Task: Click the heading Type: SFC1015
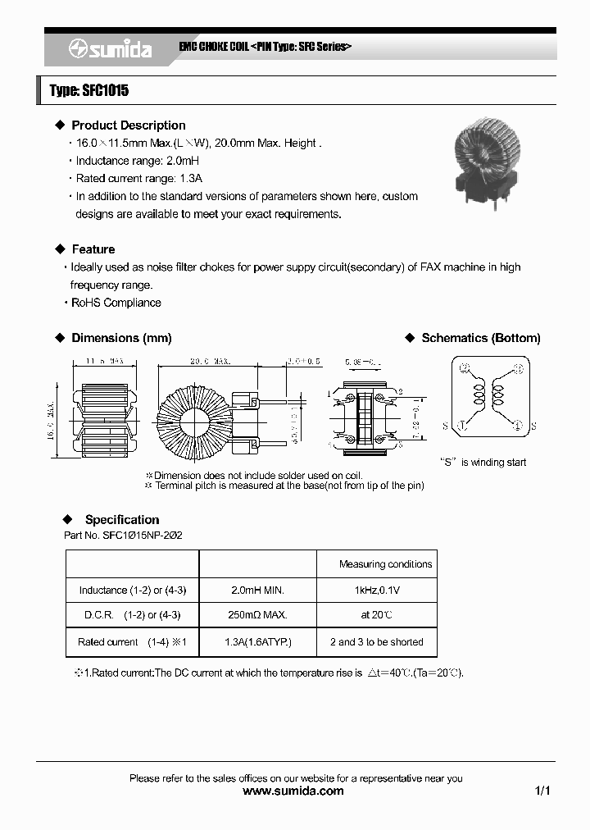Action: click(x=88, y=91)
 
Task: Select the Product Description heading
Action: click(x=128, y=125)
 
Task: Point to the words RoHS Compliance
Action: click(x=116, y=303)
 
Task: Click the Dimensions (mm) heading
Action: click(x=121, y=338)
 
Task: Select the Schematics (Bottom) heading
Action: click(x=480, y=338)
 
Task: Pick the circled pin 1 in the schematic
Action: click(x=463, y=424)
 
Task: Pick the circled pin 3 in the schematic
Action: click(x=517, y=368)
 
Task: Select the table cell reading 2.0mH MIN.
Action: click(x=257, y=591)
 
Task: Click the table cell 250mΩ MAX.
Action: click(x=257, y=615)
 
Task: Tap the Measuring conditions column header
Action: click(x=385, y=564)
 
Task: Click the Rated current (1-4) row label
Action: click(x=132, y=642)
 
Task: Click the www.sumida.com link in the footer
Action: click(x=294, y=791)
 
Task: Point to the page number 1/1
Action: click(x=542, y=791)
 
